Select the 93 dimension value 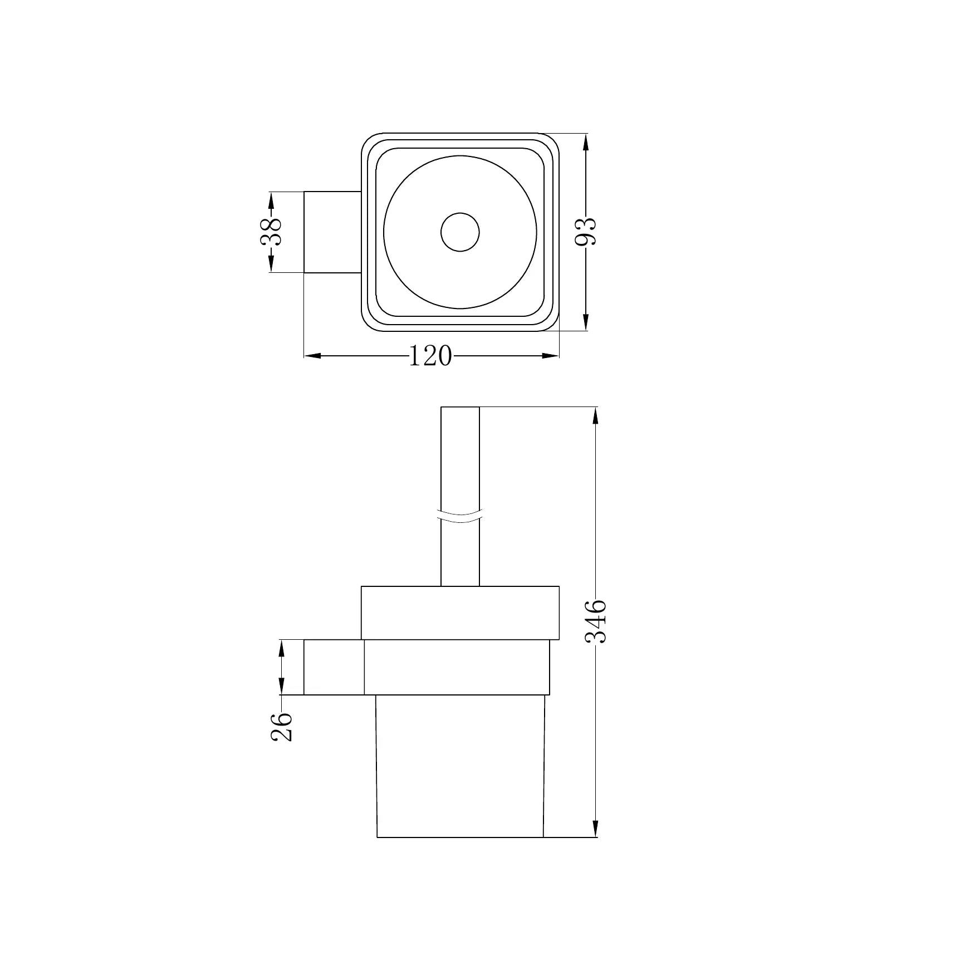(x=585, y=231)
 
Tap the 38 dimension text (x=271, y=232)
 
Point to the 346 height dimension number (x=596, y=621)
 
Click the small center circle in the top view (x=460, y=232)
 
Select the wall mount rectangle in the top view (x=332, y=232)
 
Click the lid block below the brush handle (x=460, y=613)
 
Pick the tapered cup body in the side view (x=460, y=774)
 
